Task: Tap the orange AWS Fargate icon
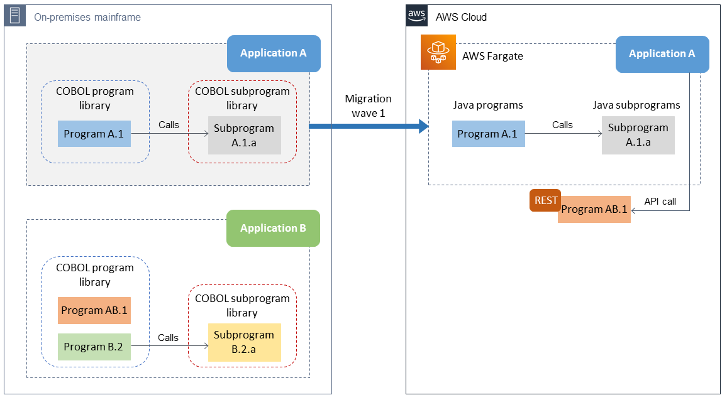tap(437, 52)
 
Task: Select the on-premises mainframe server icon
tap(14, 16)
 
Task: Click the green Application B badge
tap(273, 228)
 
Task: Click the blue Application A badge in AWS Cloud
tap(662, 53)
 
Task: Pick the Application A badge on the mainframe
tap(273, 53)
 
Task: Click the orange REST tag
tap(545, 200)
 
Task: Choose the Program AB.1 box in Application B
tap(94, 310)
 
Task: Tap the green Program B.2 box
tap(94, 347)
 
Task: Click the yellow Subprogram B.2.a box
tap(245, 342)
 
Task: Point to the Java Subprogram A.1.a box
tap(638, 135)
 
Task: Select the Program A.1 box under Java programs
tap(488, 134)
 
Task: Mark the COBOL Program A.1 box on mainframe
tap(94, 134)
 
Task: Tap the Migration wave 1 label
tap(368, 105)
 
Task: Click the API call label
tap(660, 202)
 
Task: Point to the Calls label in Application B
tap(168, 337)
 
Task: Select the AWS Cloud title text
tap(461, 17)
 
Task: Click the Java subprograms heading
tap(636, 105)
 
